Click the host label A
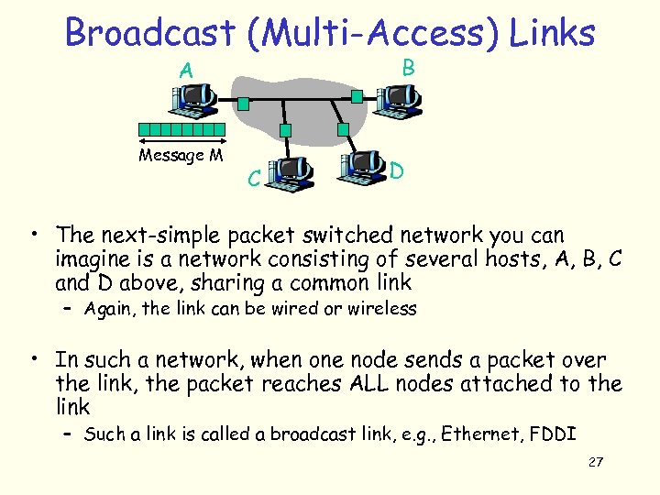tap(186, 70)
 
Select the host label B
tap(409, 66)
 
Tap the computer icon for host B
tap(396, 97)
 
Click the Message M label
tap(181, 155)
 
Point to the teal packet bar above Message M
tap(181, 129)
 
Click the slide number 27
tap(595, 461)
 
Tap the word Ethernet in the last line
tap(480, 434)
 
